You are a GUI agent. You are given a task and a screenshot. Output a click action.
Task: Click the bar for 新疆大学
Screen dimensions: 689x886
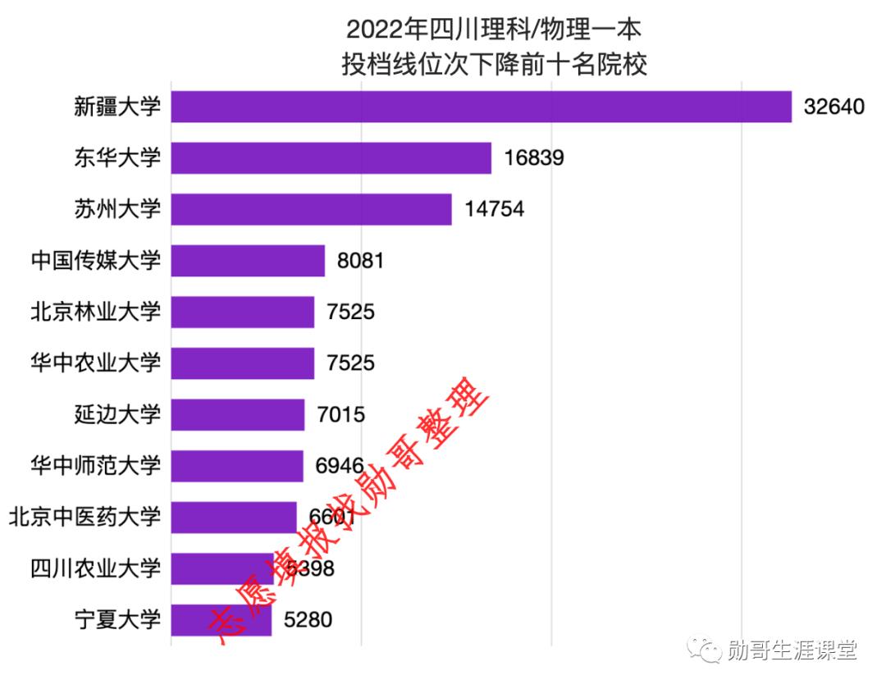click(481, 107)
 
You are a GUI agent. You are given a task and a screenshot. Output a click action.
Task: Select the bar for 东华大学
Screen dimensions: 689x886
click(331, 158)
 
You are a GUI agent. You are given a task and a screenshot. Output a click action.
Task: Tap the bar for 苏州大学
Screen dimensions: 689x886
click(311, 209)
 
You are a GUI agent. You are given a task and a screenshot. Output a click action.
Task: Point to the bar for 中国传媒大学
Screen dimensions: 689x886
click(248, 261)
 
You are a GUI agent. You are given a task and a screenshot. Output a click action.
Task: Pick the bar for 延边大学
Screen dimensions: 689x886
click(238, 414)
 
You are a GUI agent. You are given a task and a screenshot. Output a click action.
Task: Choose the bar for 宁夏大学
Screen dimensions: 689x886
click(221, 619)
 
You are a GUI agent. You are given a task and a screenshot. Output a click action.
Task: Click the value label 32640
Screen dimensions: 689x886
click(834, 107)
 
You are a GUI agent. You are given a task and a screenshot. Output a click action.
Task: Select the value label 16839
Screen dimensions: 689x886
click(534, 158)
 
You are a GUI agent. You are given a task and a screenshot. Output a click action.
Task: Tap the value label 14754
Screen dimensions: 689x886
click(494, 209)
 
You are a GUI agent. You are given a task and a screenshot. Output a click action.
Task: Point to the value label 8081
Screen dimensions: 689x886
click(360, 261)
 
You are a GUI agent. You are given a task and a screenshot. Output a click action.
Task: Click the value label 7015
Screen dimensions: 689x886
click(340, 415)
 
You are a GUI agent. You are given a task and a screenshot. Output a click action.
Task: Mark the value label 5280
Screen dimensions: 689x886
click(308, 619)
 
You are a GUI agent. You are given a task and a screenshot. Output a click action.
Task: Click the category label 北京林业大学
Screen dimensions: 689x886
click(95, 312)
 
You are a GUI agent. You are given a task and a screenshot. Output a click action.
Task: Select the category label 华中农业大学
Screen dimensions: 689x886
click(95, 363)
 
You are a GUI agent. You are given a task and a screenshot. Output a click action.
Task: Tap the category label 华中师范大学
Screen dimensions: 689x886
click(95, 466)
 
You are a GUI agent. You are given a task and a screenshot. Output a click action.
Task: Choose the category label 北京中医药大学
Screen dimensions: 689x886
click(84, 517)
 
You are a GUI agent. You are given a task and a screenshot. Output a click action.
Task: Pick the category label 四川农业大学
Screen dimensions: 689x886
click(95, 568)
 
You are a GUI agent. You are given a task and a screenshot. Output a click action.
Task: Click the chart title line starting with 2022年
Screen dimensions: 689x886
click(493, 30)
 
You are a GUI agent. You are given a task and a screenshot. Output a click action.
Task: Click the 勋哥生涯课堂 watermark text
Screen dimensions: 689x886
click(792, 650)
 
